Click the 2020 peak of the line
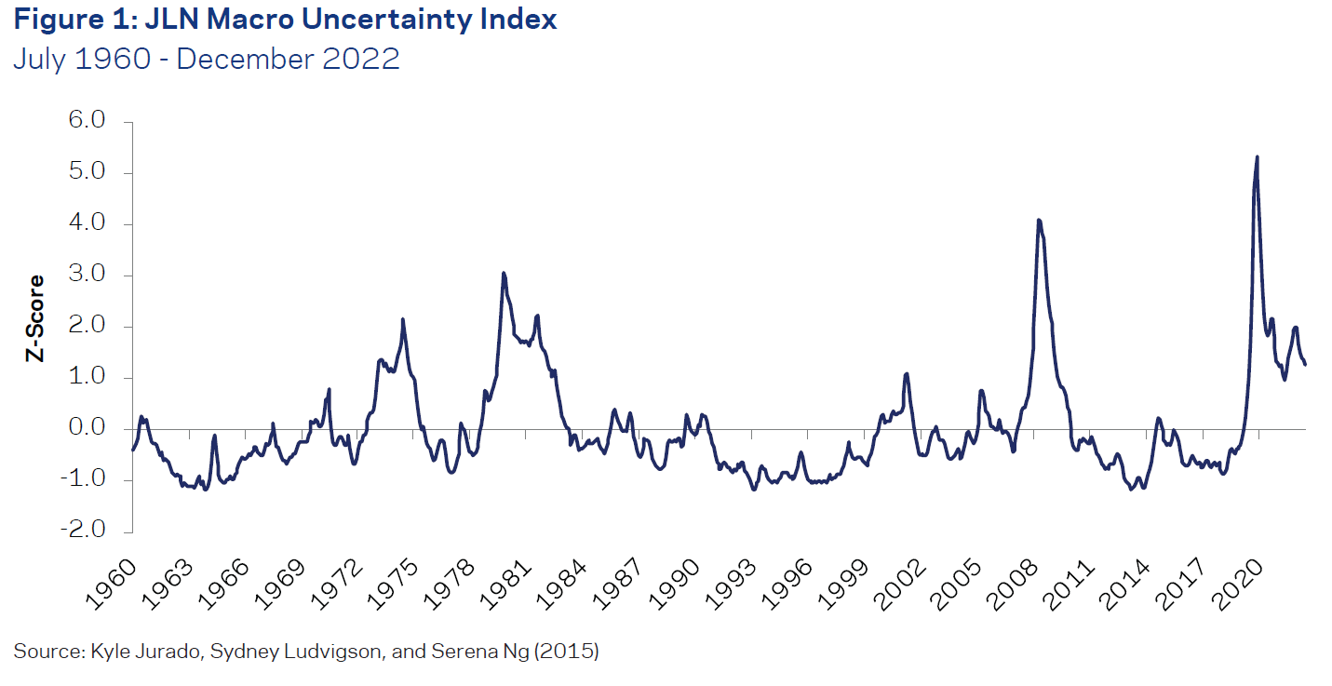coord(1258,156)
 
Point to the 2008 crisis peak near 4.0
coord(1038,221)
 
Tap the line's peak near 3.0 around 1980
coord(504,274)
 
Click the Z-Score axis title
coord(35,317)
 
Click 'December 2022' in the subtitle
coord(288,59)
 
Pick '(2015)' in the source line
coord(571,652)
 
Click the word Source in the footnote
coord(39,652)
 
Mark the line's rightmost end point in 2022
coord(1305,364)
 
